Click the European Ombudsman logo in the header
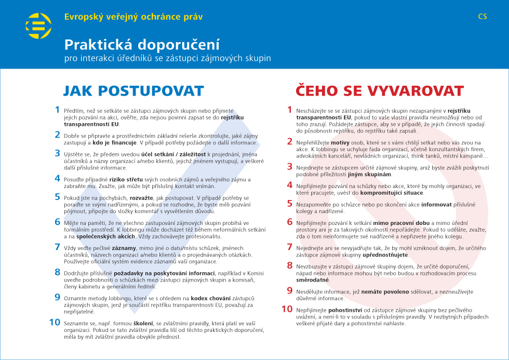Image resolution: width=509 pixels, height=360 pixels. pos(38,26)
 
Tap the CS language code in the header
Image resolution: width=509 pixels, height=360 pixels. pos(483,17)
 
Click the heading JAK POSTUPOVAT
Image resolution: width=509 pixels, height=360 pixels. pos(133,91)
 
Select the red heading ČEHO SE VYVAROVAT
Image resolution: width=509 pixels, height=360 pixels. pos(380,91)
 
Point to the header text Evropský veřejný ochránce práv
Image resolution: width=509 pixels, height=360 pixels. pos(133,17)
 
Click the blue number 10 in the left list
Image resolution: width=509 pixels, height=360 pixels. pos(55,322)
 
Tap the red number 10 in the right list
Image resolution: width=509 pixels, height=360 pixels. pos(287,309)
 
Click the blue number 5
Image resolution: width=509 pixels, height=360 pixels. pos(57,197)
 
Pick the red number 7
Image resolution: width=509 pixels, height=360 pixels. pos(290,247)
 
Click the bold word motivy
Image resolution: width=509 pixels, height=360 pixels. pos(340,142)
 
